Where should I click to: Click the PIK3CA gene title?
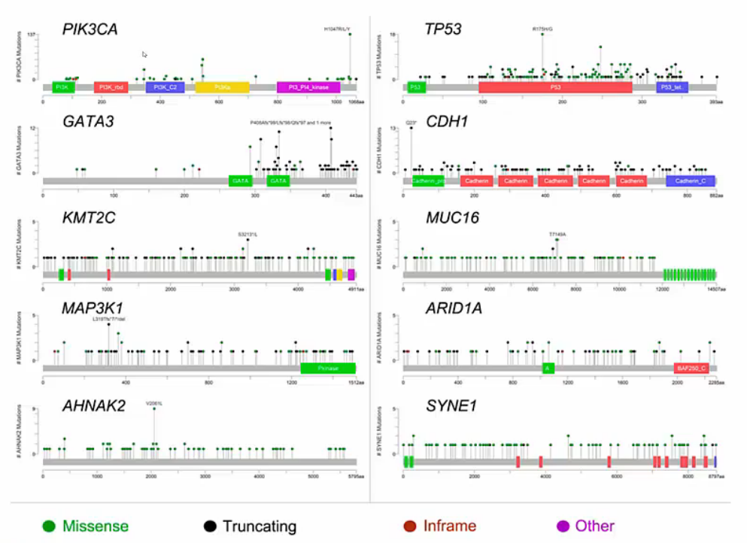(90, 29)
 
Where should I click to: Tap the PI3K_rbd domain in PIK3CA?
(111, 87)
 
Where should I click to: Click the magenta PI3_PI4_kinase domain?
(308, 87)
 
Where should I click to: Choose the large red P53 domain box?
(555, 87)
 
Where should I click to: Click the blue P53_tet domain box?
(673, 87)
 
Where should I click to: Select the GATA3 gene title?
(89, 120)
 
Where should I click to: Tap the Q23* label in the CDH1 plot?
(411, 122)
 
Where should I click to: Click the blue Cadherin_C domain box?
(690, 181)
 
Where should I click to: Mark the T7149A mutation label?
(557, 234)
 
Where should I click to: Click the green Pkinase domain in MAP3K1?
(328, 369)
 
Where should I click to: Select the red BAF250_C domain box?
(691, 369)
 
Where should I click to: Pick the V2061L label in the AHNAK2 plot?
(154, 403)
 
